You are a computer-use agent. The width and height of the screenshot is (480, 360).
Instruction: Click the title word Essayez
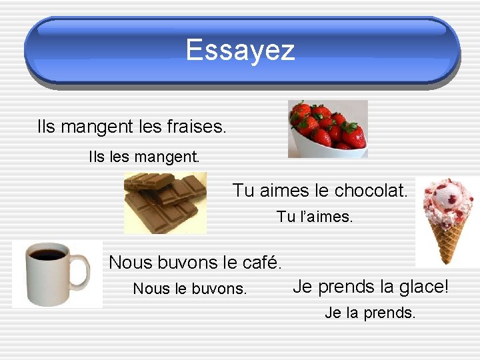click(240, 49)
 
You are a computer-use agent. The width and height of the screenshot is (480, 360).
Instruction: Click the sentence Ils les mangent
click(144, 158)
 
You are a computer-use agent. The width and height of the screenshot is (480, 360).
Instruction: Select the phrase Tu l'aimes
click(315, 217)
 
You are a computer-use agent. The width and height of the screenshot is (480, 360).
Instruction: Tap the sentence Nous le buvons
click(190, 289)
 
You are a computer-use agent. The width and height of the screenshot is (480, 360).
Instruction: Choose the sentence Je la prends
click(370, 312)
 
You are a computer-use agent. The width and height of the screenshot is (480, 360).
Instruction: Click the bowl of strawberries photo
click(328, 129)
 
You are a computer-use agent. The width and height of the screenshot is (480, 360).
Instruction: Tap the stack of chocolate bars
click(165, 201)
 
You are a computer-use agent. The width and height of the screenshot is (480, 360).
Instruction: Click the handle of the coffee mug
click(81, 272)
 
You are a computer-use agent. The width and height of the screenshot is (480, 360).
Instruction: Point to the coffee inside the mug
click(47, 255)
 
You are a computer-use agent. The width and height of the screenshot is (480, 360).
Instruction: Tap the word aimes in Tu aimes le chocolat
click(284, 191)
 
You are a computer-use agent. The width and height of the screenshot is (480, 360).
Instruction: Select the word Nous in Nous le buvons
click(148, 289)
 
